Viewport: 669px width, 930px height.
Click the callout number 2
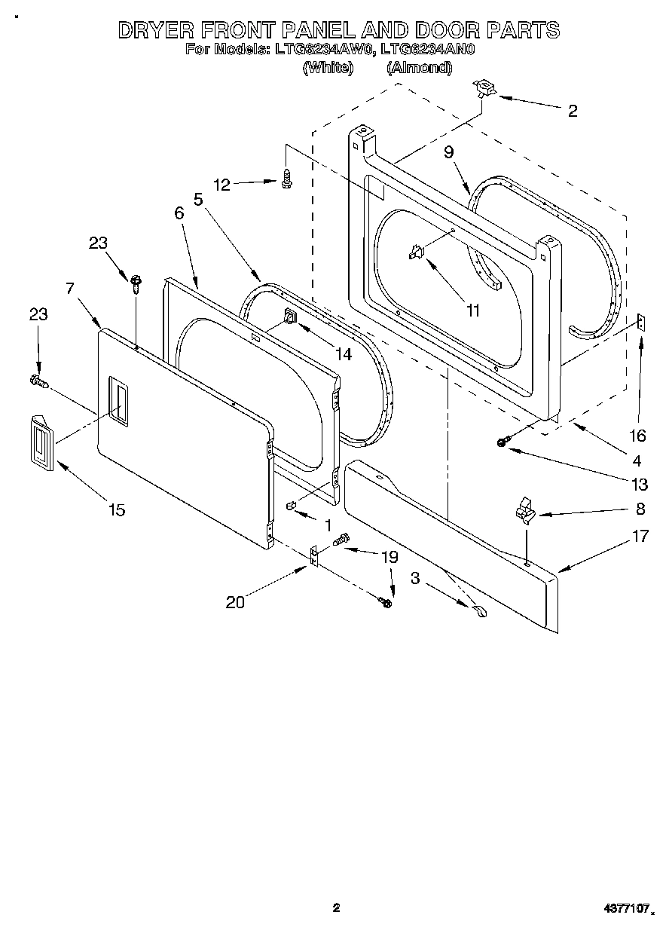point(573,112)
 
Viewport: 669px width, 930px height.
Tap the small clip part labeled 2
point(483,90)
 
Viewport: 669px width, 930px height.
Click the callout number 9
point(449,152)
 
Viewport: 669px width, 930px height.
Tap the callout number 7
point(70,288)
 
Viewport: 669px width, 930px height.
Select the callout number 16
point(637,436)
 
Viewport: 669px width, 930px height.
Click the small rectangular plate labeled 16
point(639,323)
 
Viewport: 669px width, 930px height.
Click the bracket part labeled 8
point(524,510)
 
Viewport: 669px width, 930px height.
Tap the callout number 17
point(640,537)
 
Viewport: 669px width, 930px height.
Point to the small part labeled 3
point(480,613)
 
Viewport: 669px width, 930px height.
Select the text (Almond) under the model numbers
point(419,68)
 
